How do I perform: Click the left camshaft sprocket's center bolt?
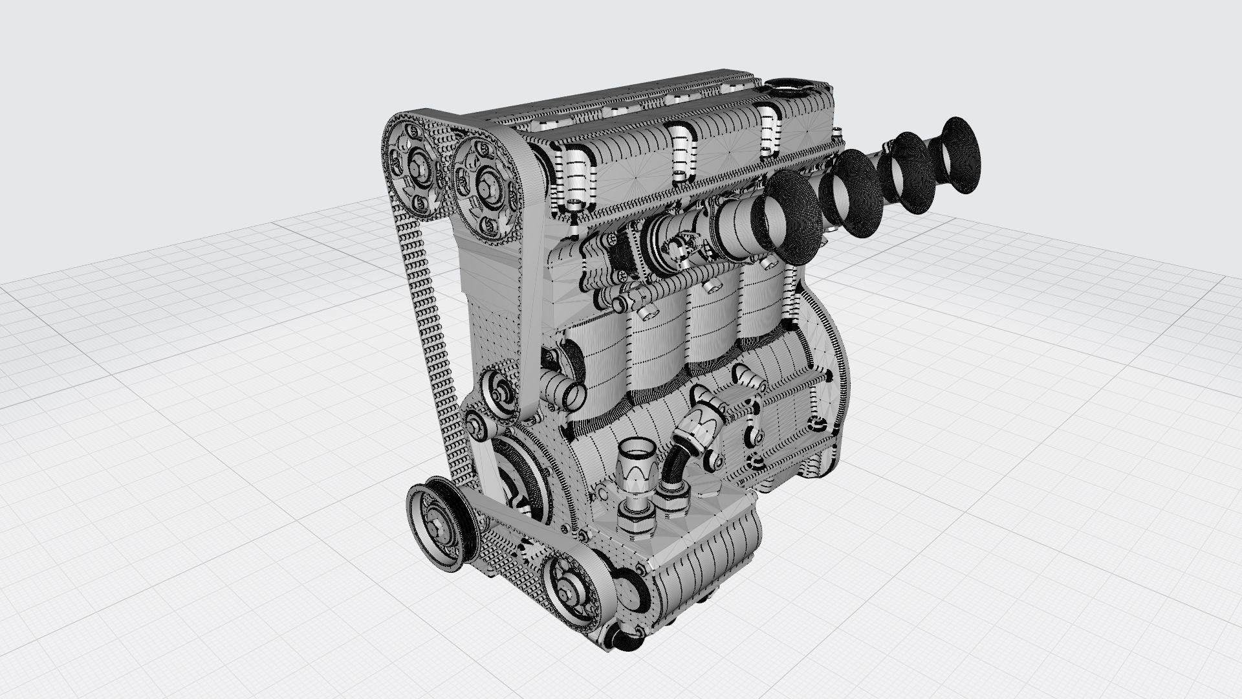(x=414, y=167)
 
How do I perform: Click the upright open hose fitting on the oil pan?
(x=637, y=453)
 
